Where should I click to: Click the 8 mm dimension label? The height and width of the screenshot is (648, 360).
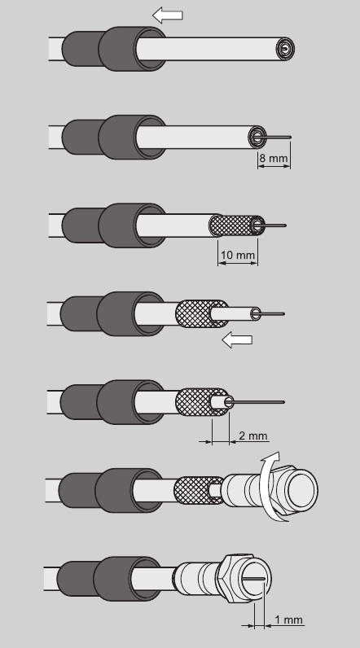(x=273, y=158)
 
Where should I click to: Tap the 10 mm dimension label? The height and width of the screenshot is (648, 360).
(x=238, y=255)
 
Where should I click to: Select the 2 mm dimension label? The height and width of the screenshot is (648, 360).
(x=253, y=436)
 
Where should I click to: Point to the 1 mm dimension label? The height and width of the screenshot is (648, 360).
(x=289, y=620)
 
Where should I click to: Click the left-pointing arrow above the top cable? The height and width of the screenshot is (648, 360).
(x=168, y=15)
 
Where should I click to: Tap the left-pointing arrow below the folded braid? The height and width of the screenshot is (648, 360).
(x=237, y=340)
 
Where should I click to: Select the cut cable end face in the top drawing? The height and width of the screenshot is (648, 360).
(x=285, y=49)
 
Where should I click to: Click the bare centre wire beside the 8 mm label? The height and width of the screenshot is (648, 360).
(x=276, y=138)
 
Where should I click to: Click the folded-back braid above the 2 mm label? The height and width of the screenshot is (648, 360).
(x=202, y=402)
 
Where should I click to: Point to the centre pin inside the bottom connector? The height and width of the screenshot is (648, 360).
(x=257, y=579)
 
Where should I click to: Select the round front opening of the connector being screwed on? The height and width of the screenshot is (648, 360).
(x=301, y=489)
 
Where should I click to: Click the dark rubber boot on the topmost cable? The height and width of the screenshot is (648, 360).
(x=114, y=49)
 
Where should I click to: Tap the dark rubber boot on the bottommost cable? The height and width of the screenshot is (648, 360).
(x=108, y=579)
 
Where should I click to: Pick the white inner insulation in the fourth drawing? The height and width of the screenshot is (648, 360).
(x=235, y=314)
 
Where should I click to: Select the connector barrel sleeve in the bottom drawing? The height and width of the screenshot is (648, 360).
(x=195, y=579)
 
